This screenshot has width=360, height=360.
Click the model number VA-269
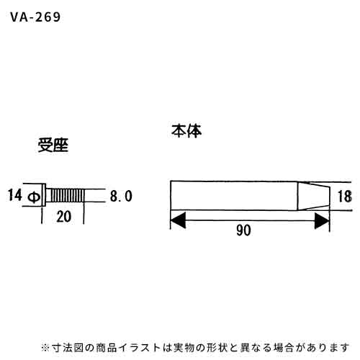pos(35,17)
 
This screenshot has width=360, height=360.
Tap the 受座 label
pos(53,145)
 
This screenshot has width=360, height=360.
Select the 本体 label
pos(186,131)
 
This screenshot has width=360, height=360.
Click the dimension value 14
pos(15,195)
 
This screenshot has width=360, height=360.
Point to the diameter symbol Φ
pos(34,197)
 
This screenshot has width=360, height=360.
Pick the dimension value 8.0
pos(121,196)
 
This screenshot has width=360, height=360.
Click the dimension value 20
pos(63,217)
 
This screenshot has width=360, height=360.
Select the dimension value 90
pos(243,230)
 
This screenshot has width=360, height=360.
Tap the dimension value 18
pos(345,197)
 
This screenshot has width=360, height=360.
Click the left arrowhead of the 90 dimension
pos(178,220)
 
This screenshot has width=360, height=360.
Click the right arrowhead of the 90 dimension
pos(322,220)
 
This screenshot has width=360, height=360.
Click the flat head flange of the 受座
pos(44,195)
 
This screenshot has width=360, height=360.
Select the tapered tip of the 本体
pos(314,196)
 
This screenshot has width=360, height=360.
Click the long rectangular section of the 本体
pos(234,195)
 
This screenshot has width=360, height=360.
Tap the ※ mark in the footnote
pos(45,348)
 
